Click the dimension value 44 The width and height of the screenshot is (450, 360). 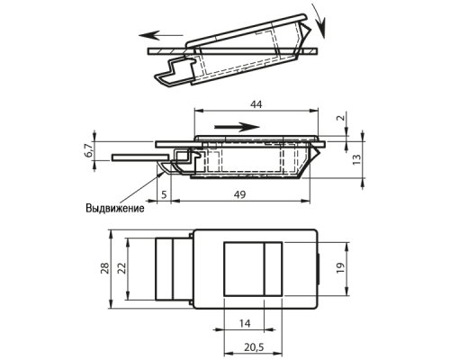pos(256,104)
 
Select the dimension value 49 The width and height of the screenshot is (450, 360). pos(239,194)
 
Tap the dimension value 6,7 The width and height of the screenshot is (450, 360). pos(89,150)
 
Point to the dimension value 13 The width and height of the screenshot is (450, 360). pos(357,159)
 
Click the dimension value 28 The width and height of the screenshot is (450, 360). pos(105,268)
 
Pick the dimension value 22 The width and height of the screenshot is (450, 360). pos(122,268)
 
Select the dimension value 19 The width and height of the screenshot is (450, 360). pos(340,268)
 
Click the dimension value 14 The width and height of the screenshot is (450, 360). pos(245,323)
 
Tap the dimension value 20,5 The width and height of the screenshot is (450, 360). pos(254,347)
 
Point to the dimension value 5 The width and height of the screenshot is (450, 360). pos(164,194)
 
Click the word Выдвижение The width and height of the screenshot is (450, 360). pos(115,208)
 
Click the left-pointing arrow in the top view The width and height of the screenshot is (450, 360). pos(161,35)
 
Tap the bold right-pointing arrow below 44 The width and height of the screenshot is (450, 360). pos(237,127)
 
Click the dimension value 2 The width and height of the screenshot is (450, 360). pos(340,118)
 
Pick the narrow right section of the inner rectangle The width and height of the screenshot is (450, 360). pos(273,269)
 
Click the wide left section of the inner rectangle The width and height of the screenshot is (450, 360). pos(244,269)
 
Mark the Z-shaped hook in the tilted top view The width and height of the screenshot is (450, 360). pos(175,72)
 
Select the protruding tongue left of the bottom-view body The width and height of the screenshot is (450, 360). pos(173,269)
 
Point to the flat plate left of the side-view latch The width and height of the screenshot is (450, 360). pos(140,157)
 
